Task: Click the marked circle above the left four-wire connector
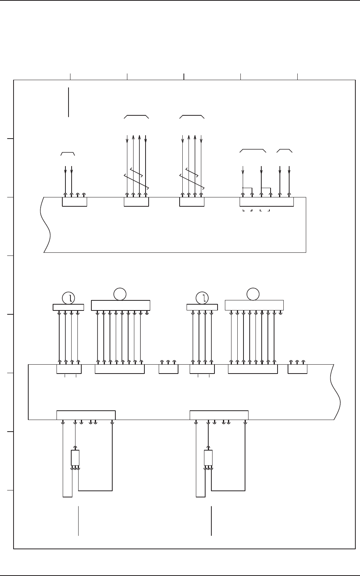pos(69,298)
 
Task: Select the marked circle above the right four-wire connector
pos(202,298)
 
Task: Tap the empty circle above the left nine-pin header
pos(120,295)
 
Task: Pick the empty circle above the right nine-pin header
pos(254,294)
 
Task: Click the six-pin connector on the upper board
pos(266,202)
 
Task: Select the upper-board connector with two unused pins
pos(74,202)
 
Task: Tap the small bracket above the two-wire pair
pos(68,154)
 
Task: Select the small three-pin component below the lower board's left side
pos(75,458)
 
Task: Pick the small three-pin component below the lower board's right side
pos(208,458)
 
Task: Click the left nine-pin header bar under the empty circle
pos(120,305)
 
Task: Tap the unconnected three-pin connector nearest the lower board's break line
pos(297,369)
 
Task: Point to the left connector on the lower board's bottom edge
pos(86,415)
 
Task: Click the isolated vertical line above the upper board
pos(69,102)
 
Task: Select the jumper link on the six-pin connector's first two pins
pos(247,189)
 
